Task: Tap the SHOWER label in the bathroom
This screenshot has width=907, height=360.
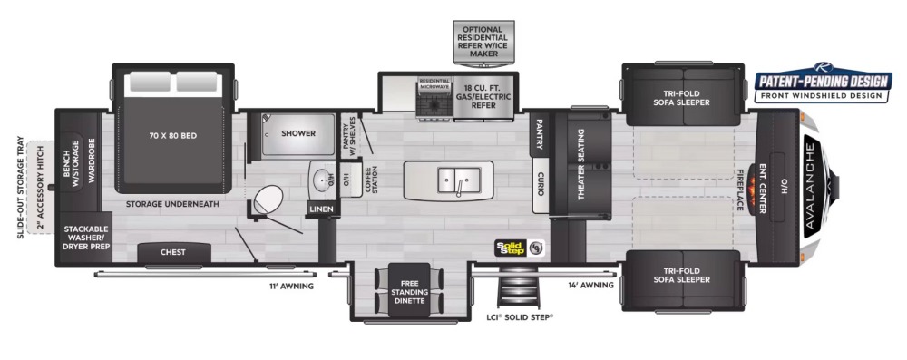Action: (x=297, y=133)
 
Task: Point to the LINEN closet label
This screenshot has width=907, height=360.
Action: (x=321, y=209)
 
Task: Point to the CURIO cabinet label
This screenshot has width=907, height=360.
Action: (x=540, y=184)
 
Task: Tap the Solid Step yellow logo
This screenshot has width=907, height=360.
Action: (x=511, y=246)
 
